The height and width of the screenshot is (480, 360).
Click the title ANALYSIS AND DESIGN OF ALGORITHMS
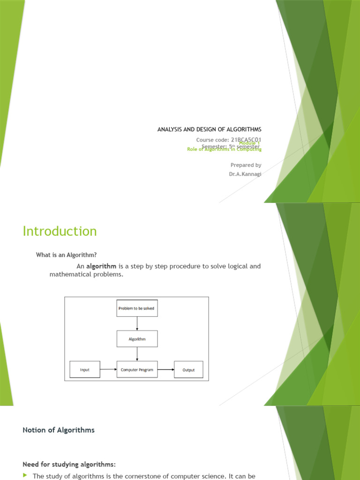point(209,129)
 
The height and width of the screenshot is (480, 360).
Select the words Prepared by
point(246,165)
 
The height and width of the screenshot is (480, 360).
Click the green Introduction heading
point(60,231)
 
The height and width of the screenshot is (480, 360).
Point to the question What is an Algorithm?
point(67,255)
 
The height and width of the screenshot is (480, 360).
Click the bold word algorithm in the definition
point(101,266)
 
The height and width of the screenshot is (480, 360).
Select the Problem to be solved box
point(137,308)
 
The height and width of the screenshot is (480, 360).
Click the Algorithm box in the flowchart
point(137,339)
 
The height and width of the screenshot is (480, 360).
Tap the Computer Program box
point(137,370)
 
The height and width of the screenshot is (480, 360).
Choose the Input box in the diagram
point(85,370)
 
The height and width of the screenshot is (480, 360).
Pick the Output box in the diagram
point(188,370)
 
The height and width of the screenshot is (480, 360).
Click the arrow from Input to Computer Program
point(108,370)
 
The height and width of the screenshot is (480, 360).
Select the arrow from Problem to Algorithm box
point(137,323)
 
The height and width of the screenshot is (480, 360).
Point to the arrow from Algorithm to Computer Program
point(137,354)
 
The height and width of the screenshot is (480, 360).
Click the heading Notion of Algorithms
point(59,430)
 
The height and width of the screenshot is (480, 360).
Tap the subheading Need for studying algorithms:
point(69,451)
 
